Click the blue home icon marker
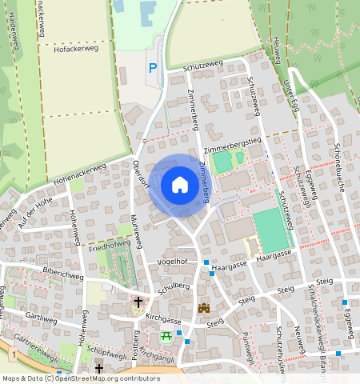(x=180, y=185)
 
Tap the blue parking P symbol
(x=153, y=70)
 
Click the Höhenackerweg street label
(x=79, y=174)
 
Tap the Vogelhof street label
(x=172, y=262)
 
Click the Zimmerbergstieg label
(x=233, y=145)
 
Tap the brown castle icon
(x=203, y=308)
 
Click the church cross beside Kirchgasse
(x=138, y=302)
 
